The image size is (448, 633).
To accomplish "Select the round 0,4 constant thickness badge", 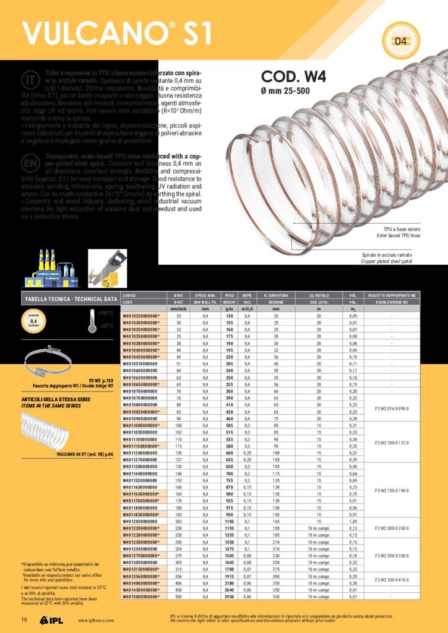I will click(x=35, y=321).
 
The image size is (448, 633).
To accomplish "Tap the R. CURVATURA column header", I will click(x=275, y=295).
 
